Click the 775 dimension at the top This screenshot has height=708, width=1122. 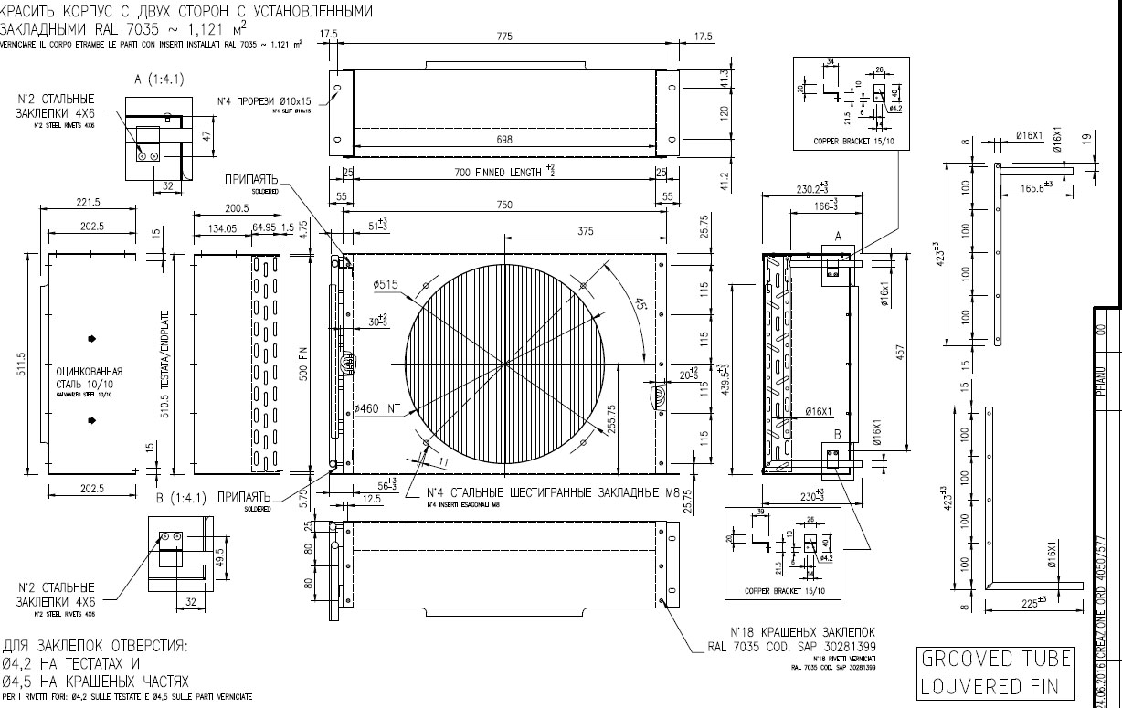point(504,36)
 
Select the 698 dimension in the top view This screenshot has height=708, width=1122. point(504,140)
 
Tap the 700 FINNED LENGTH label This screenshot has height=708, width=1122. point(504,172)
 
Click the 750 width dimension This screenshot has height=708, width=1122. point(504,206)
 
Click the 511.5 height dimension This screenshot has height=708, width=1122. point(22,365)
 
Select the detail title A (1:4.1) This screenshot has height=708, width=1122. point(159,79)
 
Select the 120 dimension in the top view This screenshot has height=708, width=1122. point(698,113)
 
